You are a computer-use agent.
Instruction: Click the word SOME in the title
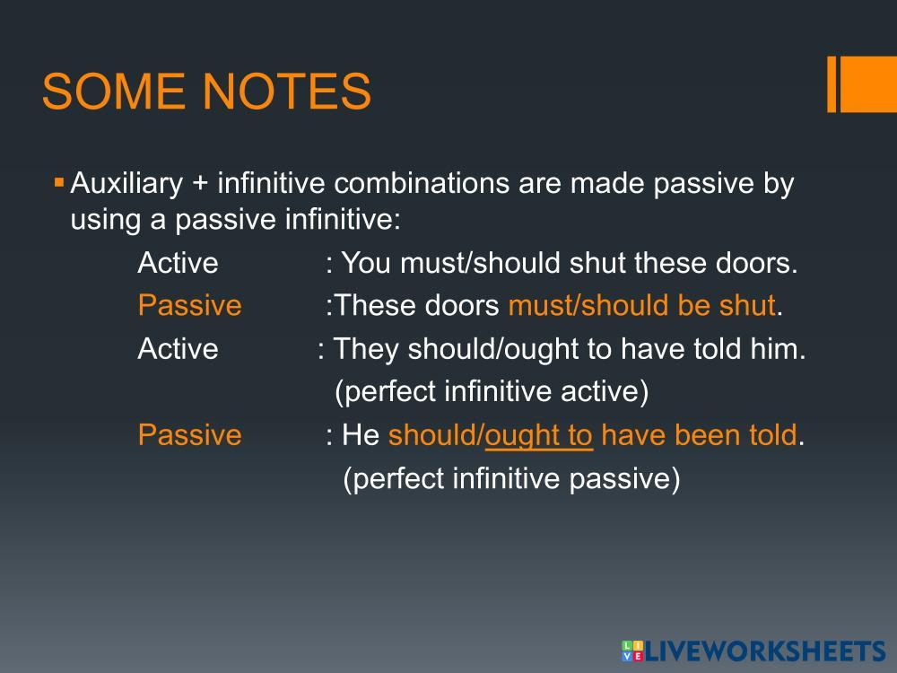[x=113, y=91]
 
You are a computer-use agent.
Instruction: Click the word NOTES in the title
[x=287, y=91]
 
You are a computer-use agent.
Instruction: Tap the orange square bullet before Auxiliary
[x=58, y=183]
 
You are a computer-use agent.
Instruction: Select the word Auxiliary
[x=126, y=183]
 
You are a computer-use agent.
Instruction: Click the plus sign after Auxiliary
[x=200, y=184]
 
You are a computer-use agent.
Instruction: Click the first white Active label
[x=178, y=263]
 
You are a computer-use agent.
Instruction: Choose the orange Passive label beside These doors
[x=189, y=305]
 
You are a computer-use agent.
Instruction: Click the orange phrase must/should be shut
[x=642, y=305]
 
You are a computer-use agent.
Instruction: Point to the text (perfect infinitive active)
[x=492, y=391]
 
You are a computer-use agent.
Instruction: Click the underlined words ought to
[x=538, y=435]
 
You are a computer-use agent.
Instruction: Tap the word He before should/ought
[x=361, y=435]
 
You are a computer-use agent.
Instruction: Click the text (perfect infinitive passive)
[x=511, y=478]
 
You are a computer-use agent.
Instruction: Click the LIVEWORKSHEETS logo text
[x=765, y=651]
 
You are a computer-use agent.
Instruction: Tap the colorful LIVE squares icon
[x=632, y=651]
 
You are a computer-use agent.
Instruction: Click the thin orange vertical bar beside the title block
[x=832, y=84]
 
